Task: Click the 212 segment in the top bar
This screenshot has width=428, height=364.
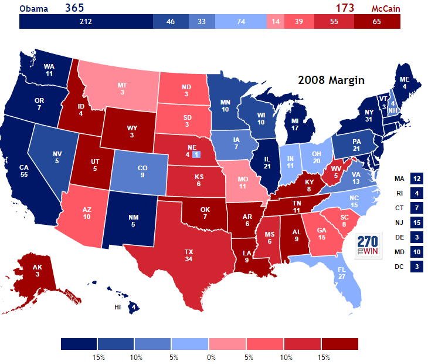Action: (86, 22)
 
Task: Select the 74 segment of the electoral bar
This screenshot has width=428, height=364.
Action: (240, 22)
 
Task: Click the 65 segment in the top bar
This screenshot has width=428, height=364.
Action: (376, 22)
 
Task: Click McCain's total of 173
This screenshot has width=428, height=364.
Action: (345, 8)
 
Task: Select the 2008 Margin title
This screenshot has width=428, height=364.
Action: (331, 80)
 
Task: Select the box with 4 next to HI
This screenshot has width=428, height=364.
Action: (134, 306)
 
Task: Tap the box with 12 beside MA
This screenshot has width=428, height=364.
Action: (417, 178)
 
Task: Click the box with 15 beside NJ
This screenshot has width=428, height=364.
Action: (417, 223)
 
